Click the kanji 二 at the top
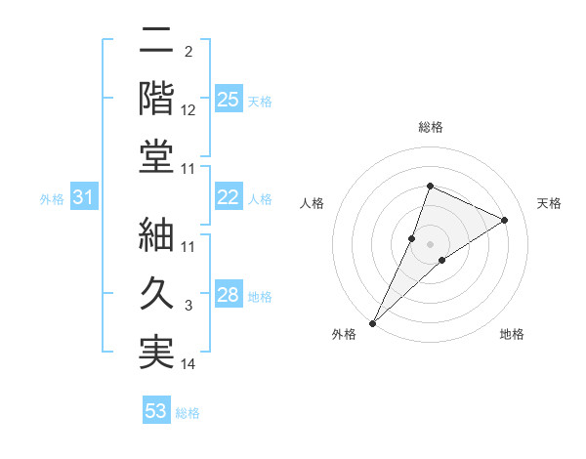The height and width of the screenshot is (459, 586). click(x=156, y=41)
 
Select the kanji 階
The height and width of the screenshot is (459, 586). click(x=156, y=98)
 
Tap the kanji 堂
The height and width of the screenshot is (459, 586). click(x=156, y=156)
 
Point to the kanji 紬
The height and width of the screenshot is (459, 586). click(x=156, y=234)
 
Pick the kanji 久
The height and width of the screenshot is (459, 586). click(x=156, y=293)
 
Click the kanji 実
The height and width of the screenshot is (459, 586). click(x=156, y=352)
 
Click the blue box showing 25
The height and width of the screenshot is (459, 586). click(x=229, y=99)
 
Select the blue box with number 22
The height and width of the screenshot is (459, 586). click(x=229, y=197)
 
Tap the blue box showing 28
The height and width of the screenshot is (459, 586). click(x=229, y=296)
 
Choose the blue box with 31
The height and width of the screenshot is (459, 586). click(x=83, y=198)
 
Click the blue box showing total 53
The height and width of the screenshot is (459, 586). click(x=156, y=411)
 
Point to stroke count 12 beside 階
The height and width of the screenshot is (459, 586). click(x=188, y=110)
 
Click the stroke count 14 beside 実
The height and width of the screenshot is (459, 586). click(x=188, y=364)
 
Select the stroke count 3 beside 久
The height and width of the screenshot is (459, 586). click(x=188, y=306)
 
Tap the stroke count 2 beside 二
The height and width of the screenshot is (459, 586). click(x=188, y=52)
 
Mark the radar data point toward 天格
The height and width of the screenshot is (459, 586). click(x=505, y=220)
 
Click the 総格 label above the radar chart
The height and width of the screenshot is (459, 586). click(x=431, y=128)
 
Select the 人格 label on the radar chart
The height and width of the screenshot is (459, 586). click(x=313, y=203)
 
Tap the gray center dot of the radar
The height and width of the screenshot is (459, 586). click(x=431, y=244)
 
